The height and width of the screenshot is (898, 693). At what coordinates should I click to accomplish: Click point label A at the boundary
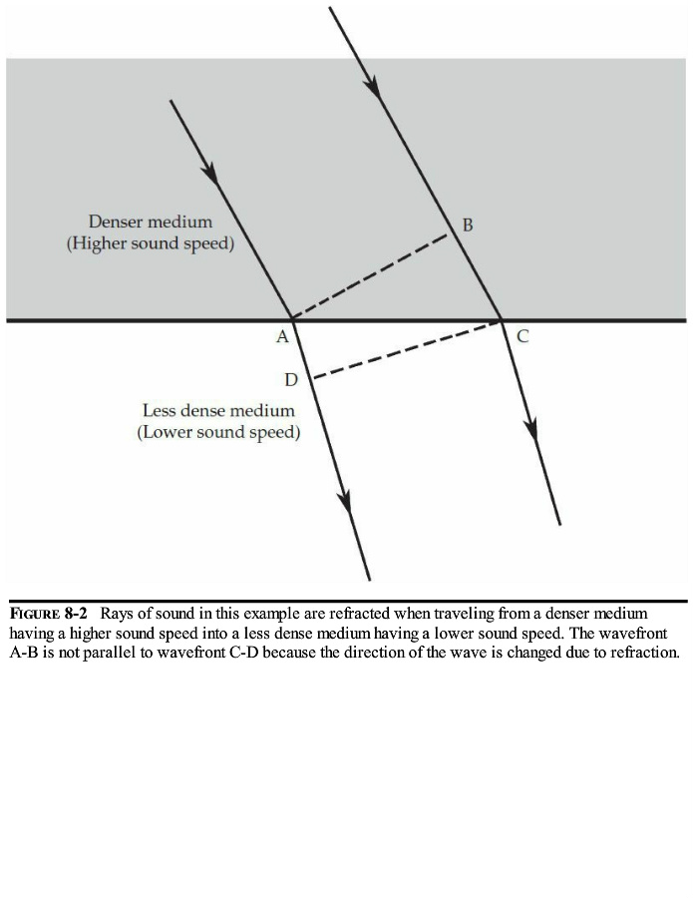(282, 337)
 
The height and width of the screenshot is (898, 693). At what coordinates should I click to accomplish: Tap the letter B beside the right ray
(468, 225)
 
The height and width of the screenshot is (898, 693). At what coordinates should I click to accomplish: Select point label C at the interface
(522, 337)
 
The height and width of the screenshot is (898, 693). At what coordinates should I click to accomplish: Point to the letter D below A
(290, 380)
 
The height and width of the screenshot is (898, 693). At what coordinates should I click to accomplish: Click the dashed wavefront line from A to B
(369, 276)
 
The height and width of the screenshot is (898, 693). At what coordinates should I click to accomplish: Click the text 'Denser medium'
(150, 222)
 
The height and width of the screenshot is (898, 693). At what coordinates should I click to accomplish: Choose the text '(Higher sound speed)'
(151, 244)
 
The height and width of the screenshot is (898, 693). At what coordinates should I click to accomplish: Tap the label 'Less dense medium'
(218, 411)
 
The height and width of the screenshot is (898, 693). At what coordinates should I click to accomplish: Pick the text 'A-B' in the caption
(22, 653)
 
